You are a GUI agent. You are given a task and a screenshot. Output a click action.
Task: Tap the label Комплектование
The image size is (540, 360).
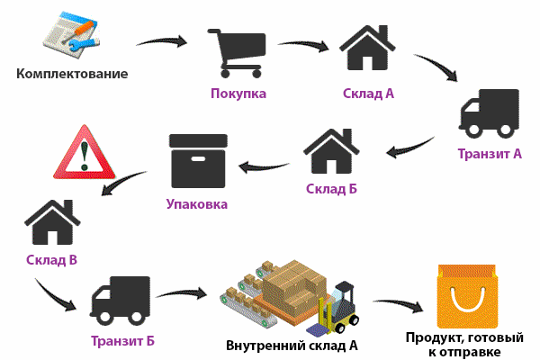(72, 74)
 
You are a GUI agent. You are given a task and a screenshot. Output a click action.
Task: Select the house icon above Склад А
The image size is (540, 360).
(367, 48)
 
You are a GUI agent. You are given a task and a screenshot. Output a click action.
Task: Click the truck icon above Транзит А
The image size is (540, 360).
(489, 113)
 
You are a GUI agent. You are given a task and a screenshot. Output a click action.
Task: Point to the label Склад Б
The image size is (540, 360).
(331, 189)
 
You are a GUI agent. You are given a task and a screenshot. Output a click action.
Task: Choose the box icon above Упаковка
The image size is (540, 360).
(198, 161)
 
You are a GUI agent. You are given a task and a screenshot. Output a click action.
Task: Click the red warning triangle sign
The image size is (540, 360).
(85, 153)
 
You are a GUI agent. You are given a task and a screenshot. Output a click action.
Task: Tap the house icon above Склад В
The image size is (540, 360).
(52, 222)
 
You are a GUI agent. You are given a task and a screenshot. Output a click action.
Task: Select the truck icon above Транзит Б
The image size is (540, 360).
(120, 301)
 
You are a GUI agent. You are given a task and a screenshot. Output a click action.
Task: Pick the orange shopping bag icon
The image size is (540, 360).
(467, 296)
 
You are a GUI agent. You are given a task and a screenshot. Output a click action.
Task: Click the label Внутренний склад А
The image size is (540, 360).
(292, 346)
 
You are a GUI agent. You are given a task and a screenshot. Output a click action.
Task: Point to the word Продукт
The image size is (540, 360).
(435, 337)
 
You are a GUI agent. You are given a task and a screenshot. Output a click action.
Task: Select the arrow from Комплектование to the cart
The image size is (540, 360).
(162, 41)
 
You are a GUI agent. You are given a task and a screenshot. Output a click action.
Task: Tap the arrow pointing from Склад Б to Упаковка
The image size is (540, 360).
(264, 167)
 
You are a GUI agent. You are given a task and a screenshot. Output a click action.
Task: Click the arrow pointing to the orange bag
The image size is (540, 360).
(398, 305)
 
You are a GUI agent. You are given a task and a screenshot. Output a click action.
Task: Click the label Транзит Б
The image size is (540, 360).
(122, 341)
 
